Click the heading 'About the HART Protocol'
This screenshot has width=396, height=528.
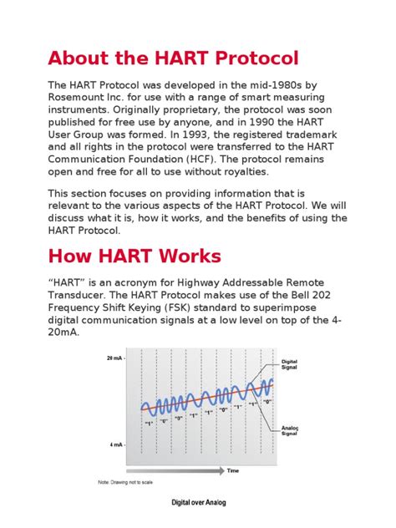click(x=173, y=59)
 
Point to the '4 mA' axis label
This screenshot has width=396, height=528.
click(x=117, y=445)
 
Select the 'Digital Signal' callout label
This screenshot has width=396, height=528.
click(x=289, y=364)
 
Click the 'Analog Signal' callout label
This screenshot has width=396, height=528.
click(x=289, y=429)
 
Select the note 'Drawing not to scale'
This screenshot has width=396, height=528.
click(x=125, y=483)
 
